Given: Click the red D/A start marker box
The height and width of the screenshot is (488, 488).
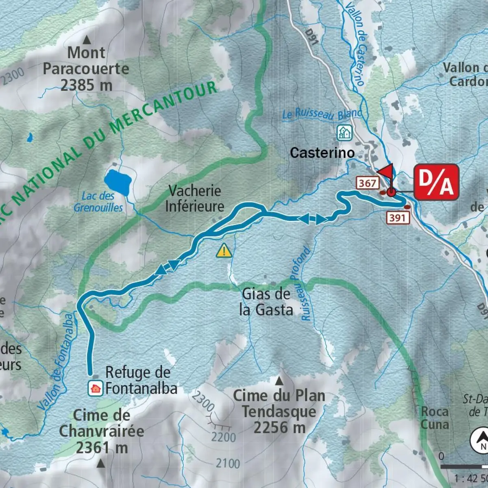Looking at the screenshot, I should click(x=436, y=182).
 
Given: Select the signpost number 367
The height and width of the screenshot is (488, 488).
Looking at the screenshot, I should click(x=367, y=183).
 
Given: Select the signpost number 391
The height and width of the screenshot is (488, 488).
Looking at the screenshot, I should click(x=397, y=218).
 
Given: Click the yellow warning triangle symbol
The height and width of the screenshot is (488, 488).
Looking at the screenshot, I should click(x=224, y=251).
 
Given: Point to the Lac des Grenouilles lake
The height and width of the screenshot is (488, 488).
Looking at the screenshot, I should click(x=117, y=181).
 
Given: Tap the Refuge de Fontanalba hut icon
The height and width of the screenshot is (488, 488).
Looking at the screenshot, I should click(x=96, y=388).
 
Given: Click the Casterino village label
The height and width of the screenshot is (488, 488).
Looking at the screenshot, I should click(x=322, y=153).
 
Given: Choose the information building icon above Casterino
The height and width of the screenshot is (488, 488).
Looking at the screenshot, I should click(x=344, y=133).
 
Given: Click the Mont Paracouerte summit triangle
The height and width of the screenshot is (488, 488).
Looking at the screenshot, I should click(x=87, y=40).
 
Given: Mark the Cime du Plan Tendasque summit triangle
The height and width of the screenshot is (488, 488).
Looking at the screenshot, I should click(x=279, y=381).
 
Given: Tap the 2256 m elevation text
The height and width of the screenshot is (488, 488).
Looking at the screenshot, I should click(x=279, y=428).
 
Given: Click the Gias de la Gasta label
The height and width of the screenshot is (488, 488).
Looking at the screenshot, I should click(x=266, y=302).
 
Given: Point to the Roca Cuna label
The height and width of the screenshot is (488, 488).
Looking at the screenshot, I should click(x=435, y=418).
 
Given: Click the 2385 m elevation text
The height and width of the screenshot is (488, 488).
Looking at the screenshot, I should click(x=86, y=85).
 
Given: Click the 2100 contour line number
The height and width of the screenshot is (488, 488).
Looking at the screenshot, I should click(x=228, y=463).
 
